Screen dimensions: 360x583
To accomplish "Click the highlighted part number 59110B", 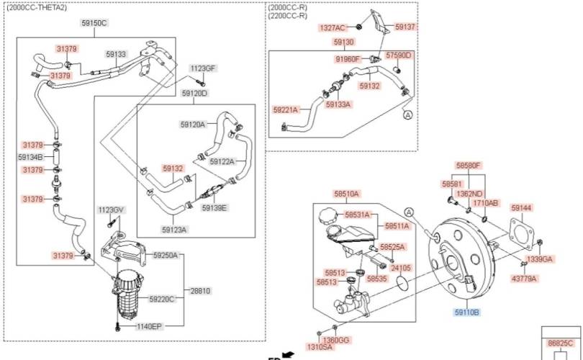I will click(466, 312).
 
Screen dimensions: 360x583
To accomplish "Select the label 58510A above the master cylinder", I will click(346, 194).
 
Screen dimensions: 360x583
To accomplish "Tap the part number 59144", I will click(521, 208).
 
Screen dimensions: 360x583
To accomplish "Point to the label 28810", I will click(199, 291).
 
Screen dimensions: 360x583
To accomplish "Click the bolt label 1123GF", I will click(202, 68).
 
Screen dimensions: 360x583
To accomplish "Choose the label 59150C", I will click(94, 23).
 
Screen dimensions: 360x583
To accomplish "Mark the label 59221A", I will click(286, 110).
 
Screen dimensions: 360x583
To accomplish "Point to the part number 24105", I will click(401, 268).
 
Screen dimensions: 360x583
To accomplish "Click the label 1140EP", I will click(150, 326).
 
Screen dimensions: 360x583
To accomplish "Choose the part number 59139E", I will click(214, 208).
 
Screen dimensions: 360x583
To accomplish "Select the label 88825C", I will click(561, 343).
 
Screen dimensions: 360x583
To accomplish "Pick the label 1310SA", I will click(320, 347).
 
